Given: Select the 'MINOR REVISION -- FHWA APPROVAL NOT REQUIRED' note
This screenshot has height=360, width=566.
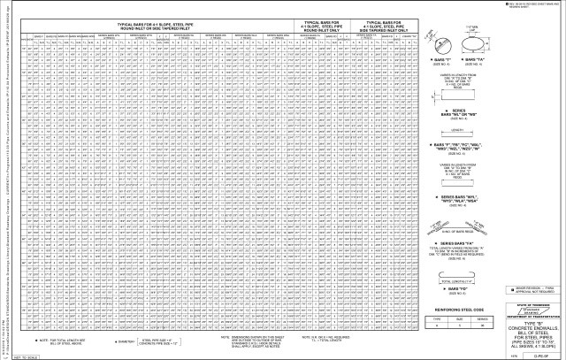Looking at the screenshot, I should tap(539, 289).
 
